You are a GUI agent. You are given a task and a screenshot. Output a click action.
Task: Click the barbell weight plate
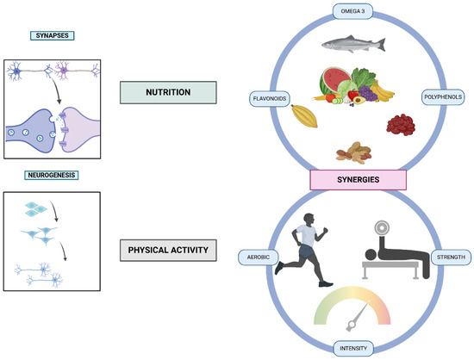pos(381,231)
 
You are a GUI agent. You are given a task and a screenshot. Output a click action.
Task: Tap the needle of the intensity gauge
pos(352,323)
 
